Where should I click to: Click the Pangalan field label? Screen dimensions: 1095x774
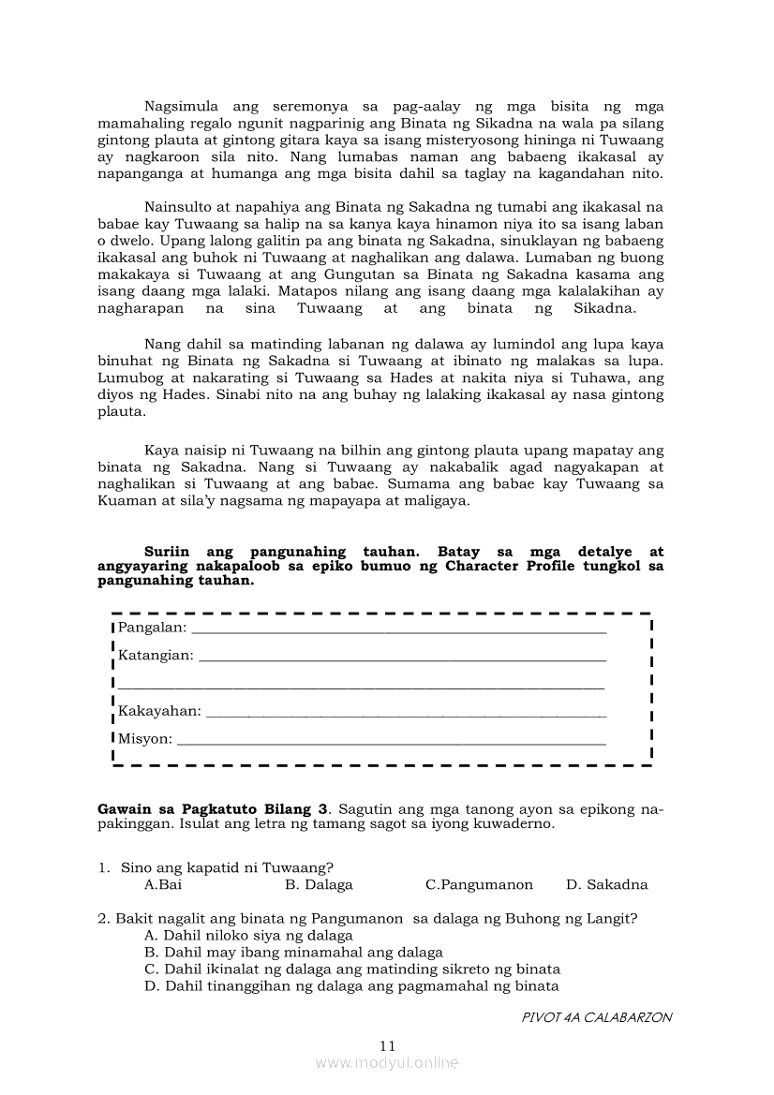pos(152,627)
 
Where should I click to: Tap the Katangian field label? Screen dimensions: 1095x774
pos(156,655)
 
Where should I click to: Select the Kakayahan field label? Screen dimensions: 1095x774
pos(159,711)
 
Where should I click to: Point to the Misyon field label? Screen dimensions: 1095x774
pos(145,739)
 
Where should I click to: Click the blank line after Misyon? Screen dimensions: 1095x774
pos(391,743)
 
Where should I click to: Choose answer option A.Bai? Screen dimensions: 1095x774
pos(163,884)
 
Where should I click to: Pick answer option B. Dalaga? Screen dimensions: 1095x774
pos(319,884)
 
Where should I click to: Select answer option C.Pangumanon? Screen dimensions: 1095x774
pos(479,884)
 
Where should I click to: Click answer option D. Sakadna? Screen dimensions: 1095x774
pos(606,884)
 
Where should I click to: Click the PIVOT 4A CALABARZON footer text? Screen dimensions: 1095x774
pos(597,1017)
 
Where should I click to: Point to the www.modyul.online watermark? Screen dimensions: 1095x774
pos(387,1062)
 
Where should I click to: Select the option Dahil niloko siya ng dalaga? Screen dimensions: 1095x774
pos(248,935)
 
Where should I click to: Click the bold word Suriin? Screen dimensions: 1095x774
pos(167,552)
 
